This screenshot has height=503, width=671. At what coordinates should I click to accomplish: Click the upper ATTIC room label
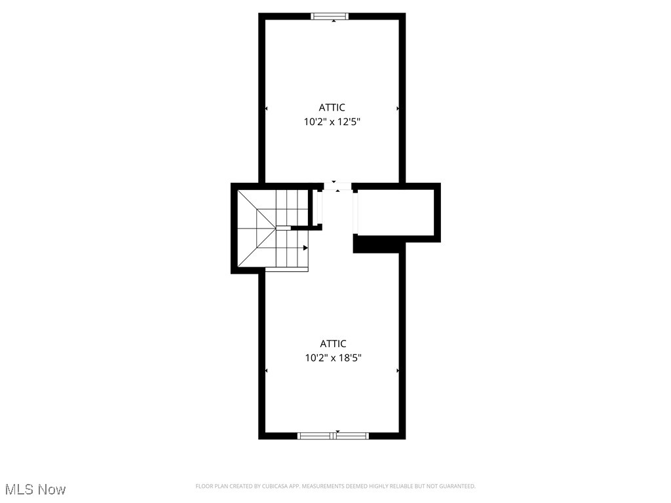(x=332, y=107)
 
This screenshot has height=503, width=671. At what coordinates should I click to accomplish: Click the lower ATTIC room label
(x=333, y=344)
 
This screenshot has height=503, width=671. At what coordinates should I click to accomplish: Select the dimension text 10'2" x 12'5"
(x=332, y=121)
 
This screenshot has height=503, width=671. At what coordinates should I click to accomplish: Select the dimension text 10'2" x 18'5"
(x=333, y=358)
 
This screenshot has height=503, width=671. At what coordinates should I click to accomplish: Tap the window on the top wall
(x=330, y=16)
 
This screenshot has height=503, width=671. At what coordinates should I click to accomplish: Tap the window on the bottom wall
(x=333, y=436)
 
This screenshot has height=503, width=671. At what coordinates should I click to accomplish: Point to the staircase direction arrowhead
(x=305, y=248)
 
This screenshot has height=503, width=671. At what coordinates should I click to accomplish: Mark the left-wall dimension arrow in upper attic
(x=266, y=108)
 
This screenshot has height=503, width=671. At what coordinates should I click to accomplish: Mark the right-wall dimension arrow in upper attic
(x=398, y=108)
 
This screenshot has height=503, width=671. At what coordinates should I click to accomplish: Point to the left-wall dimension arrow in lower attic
(x=266, y=371)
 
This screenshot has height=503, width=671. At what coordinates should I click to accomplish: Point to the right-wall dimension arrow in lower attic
(x=398, y=371)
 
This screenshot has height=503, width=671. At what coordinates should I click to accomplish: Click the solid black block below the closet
(x=377, y=244)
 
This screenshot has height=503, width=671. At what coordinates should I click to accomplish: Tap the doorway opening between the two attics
(x=337, y=187)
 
